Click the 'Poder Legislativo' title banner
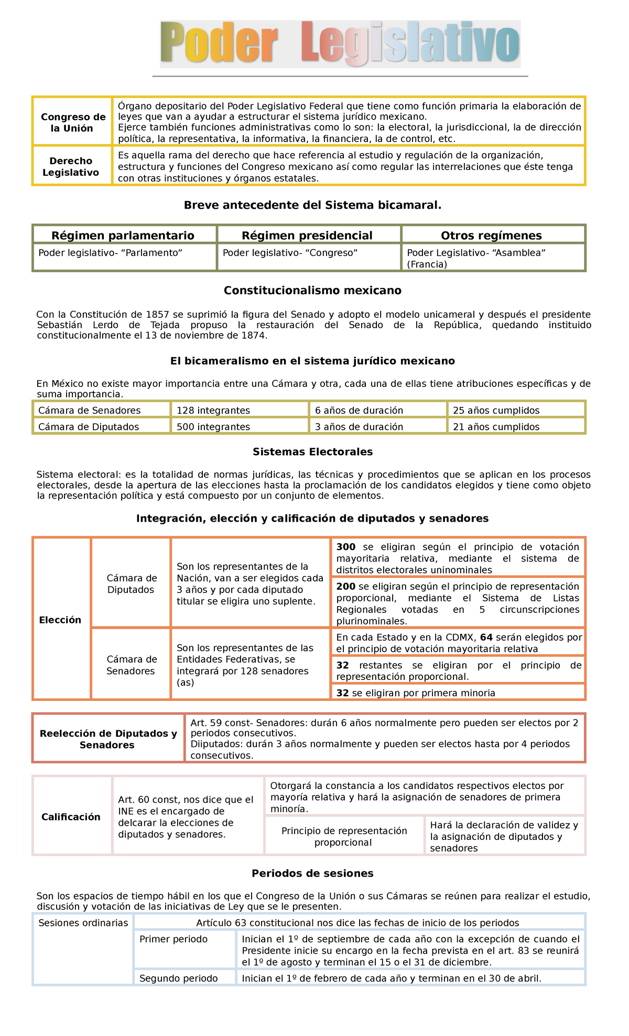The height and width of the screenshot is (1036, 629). pyautogui.click(x=340, y=44)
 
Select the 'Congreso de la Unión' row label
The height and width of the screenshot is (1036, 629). pyautogui.click(x=73, y=122)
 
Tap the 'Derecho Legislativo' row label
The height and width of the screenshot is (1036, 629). pyautogui.click(x=71, y=167)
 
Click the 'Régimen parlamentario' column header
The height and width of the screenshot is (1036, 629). pyautogui.click(x=123, y=235)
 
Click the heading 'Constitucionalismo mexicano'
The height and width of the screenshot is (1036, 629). pyautogui.click(x=312, y=290)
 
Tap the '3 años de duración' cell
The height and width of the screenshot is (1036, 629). pyautogui.click(x=359, y=427)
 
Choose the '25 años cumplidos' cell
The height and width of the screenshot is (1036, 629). pyautogui.click(x=496, y=410)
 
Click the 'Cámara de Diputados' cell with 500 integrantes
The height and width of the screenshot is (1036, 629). pyautogui.click(x=89, y=427)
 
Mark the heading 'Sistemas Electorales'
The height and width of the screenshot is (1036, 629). pyautogui.click(x=312, y=451)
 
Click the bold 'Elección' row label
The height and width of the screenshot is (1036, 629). pyautogui.click(x=60, y=620)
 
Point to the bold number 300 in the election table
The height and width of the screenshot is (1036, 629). pyautogui.click(x=346, y=547)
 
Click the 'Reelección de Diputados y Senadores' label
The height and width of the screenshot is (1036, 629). pyautogui.click(x=108, y=739)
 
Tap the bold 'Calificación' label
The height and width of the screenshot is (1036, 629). pyautogui.click(x=71, y=816)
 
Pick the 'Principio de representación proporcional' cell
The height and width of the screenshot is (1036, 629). pyautogui.click(x=344, y=836)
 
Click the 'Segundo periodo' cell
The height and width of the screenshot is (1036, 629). pyautogui.click(x=179, y=978)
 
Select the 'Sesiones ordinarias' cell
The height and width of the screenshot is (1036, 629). pyautogui.click(x=83, y=923)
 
